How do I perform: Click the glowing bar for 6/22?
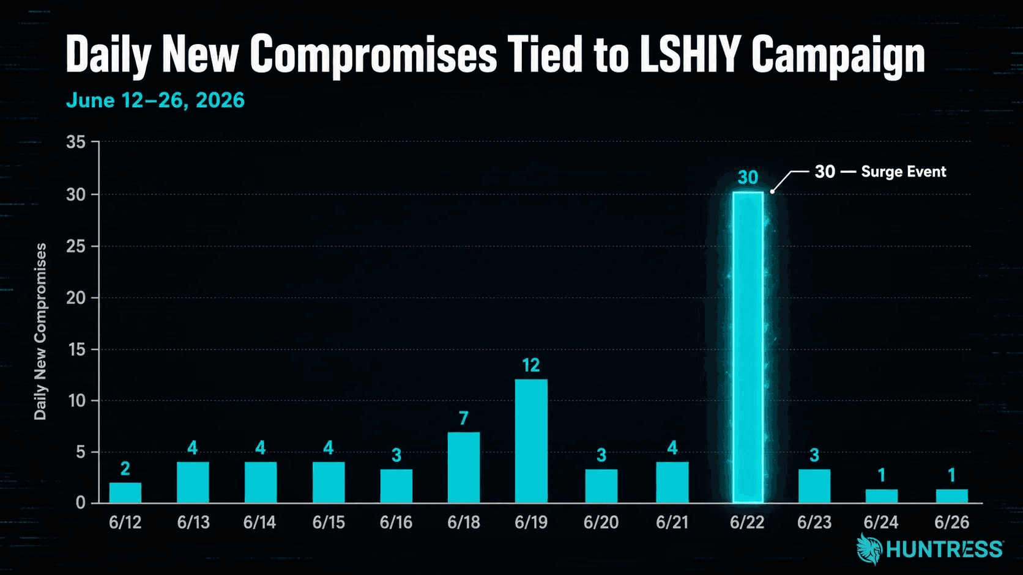point(748,348)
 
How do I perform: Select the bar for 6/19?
point(531,441)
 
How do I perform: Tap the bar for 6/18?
point(464,467)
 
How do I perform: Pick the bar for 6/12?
point(125,493)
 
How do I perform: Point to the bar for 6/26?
point(952,496)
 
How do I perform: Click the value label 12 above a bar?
point(530,365)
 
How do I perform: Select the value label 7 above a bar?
point(464,418)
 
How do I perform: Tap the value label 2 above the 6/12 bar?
point(125,469)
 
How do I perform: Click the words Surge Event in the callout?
point(903,172)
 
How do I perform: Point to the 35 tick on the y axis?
point(76,142)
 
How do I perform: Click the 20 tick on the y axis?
point(76,298)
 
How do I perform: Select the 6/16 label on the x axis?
point(396,522)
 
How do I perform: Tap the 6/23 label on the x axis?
point(814,522)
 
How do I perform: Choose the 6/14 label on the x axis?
point(259,522)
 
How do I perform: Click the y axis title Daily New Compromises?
point(40,332)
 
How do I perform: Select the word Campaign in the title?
point(838,56)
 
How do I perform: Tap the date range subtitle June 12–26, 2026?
point(155,100)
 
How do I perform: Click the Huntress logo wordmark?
point(945,549)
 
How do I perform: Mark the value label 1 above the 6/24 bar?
point(882,475)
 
